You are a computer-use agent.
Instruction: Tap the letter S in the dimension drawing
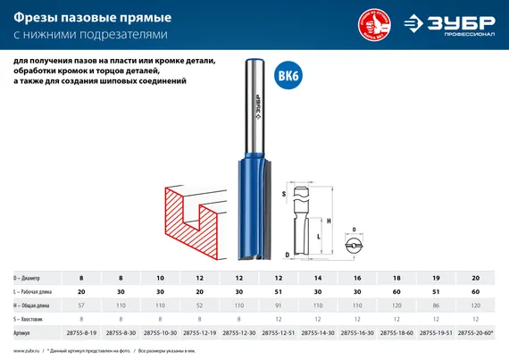point(284,193)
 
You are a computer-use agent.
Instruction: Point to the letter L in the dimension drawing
point(319,235)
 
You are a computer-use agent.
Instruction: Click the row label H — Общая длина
point(35,305)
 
